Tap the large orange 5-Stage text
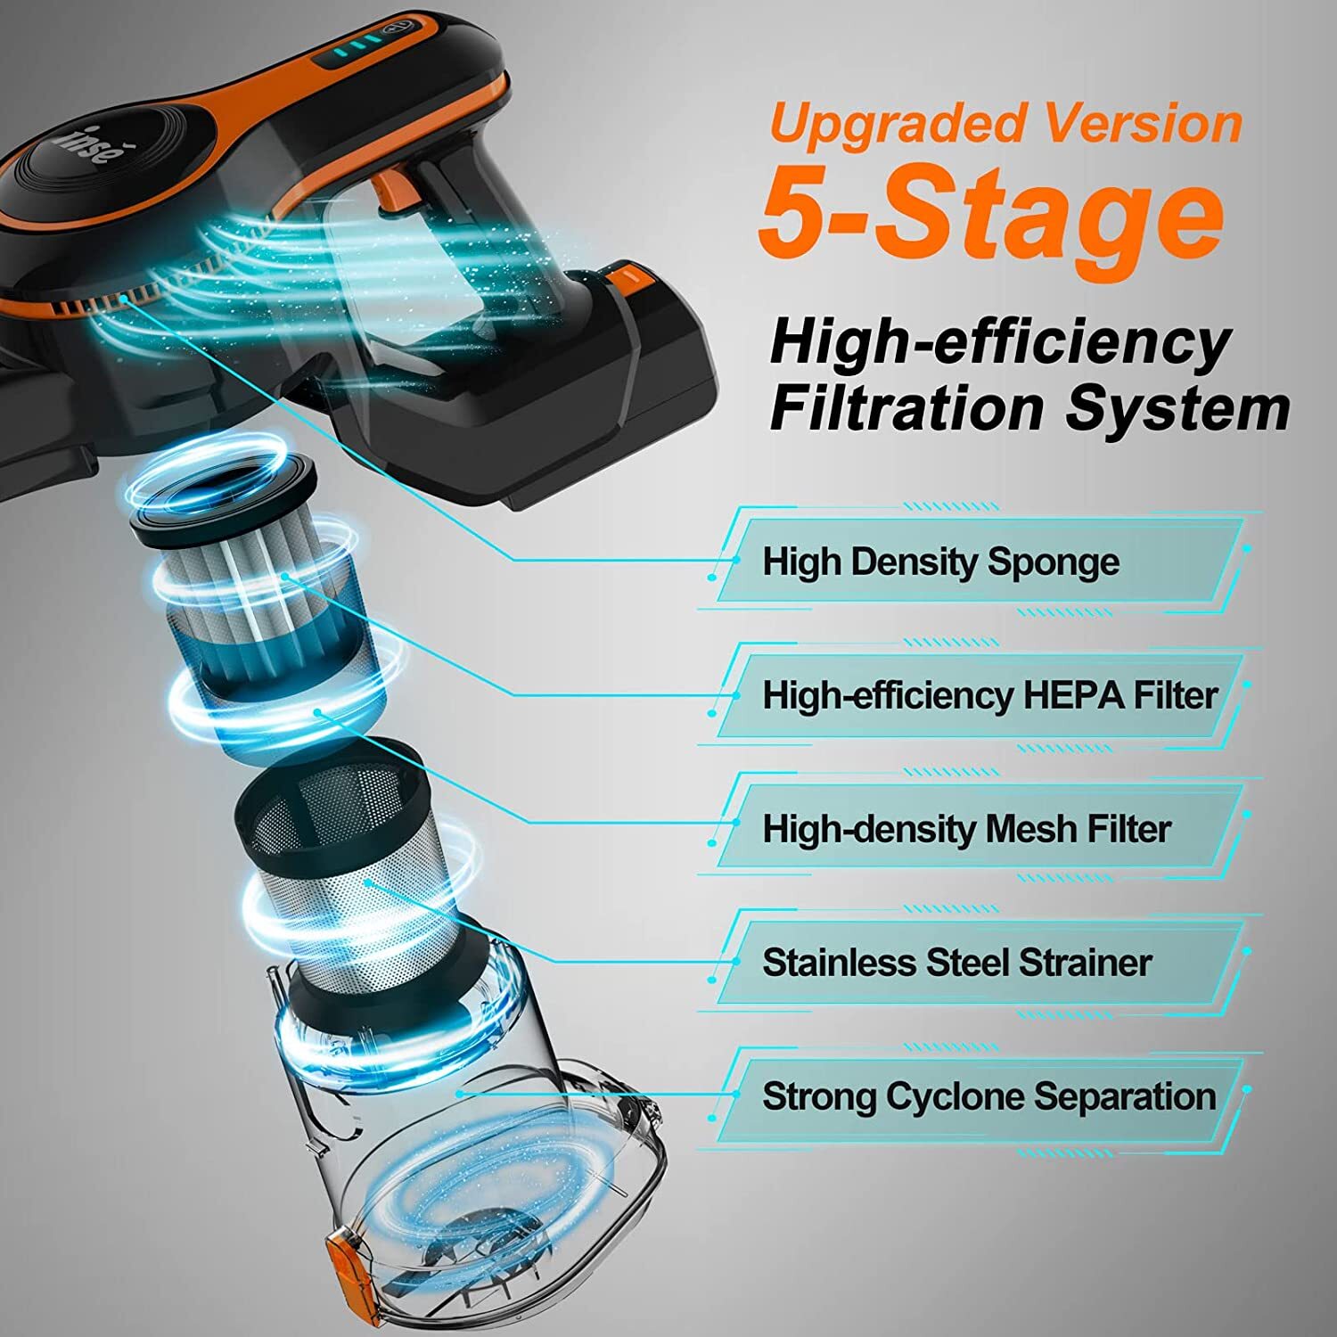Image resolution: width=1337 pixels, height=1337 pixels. pos(989,214)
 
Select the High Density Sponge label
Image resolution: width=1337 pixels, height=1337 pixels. pos(940,562)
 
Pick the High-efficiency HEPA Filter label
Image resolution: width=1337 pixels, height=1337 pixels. pos(989,695)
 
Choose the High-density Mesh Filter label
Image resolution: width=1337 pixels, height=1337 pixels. pos(965,829)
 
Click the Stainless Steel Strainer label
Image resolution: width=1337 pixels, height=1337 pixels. pos(956,963)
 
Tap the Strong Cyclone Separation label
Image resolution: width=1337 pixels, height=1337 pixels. pos(988,1096)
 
